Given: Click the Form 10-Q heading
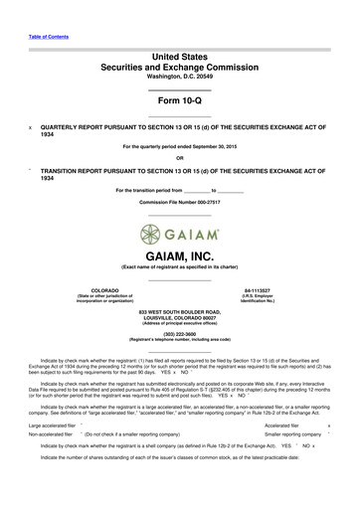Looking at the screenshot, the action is click(179, 102).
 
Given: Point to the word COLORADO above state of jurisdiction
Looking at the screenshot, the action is click(91, 290).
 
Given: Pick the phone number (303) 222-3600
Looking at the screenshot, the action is click(179, 334).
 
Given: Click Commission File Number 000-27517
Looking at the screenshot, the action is click(179, 202).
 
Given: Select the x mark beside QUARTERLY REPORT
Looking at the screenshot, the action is click(31, 128).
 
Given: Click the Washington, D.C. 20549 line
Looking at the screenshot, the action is click(179, 77).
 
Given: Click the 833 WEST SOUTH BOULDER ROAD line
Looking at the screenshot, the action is click(179, 310).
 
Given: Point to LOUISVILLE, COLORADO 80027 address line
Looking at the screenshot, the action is click(179, 316).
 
